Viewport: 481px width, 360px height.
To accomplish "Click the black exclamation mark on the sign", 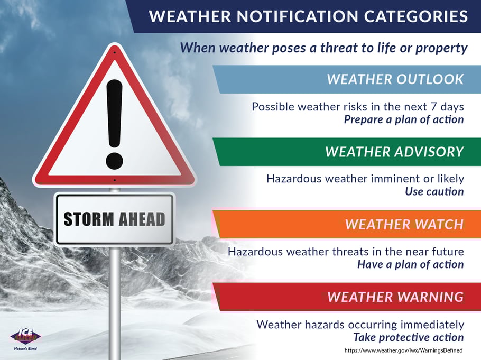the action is click(114, 124).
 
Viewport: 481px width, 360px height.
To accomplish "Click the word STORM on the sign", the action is click(89, 219).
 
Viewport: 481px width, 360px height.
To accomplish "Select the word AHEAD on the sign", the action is click(142, 219).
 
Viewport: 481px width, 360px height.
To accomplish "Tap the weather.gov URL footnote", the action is click(403, 350).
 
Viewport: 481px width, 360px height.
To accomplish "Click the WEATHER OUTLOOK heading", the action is click(395, 79).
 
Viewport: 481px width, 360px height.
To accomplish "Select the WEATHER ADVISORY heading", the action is click(394, 152).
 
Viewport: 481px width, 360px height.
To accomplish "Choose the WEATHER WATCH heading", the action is click(404, 224).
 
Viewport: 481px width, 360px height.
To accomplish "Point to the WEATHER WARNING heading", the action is click(395, 297).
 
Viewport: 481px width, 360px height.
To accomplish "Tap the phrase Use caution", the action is click(434, 191).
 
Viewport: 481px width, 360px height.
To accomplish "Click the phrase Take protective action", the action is click(408, 337).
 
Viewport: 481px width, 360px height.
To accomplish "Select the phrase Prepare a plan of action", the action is click(404, 119).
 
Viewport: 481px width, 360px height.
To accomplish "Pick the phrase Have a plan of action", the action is click(411, 264).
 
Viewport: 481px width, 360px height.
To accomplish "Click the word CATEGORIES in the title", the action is click(415, 16).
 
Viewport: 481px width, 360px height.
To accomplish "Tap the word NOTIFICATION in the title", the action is click(297, 16).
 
